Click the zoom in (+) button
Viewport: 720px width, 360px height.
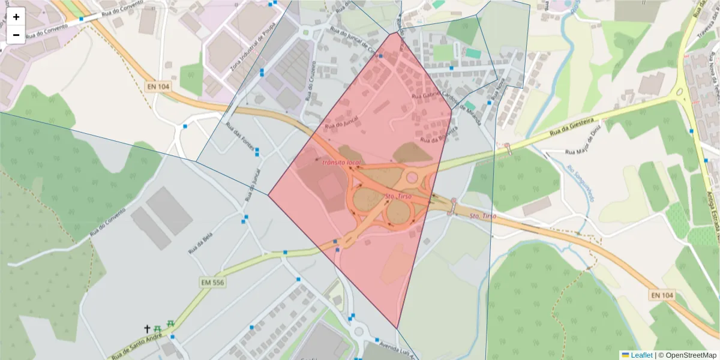click(x=16, y=17)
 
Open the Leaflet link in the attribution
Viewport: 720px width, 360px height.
click(x=641, y=355)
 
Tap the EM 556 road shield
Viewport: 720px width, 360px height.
click(x=214, y=281)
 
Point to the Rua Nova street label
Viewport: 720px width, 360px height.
click(x=497, y=94)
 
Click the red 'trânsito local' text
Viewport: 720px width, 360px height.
click(x=341, y=163)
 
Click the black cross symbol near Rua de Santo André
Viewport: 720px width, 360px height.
click(x=146, y=329)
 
